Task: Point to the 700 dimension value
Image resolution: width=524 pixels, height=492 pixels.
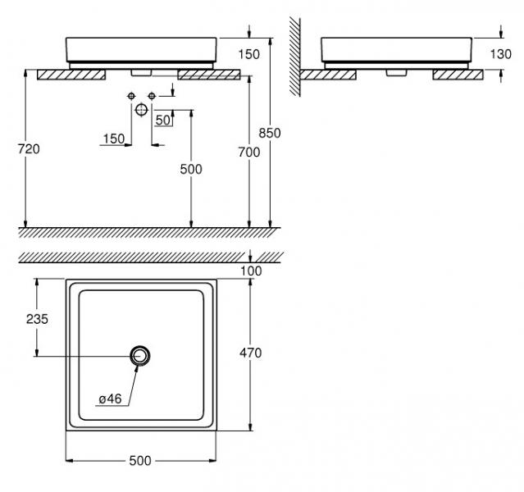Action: pyautogui.click(x=248, y=152)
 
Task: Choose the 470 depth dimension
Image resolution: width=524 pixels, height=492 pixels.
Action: pyautogui.click(x=250, y=353)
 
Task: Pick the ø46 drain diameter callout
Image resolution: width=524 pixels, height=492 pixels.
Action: pyautogui.click(x=110, y=399)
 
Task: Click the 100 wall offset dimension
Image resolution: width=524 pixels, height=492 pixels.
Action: pyautogui.click(x=251, y=270)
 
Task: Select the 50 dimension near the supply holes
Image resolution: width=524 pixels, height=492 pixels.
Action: pyautogui.click(x=163, y=120)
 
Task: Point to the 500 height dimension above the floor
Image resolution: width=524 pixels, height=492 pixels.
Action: pyautogui.click(x=190, y=169)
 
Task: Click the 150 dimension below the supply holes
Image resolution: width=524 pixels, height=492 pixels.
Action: pyautogui.click(x=113, y=139)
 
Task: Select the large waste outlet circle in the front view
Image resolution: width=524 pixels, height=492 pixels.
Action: pyautogui.click(x=142, y=109)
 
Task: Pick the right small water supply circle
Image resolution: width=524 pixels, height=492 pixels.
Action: pyautogui.click(x=151, y=97)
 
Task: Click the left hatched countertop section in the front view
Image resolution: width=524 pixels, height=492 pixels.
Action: pyautogui.click(x=71, y=73)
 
